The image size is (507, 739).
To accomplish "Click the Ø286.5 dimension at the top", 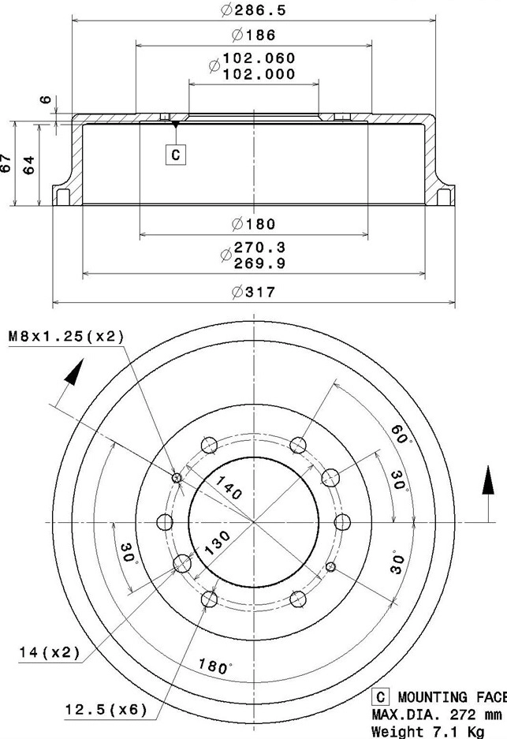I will pos(253,10).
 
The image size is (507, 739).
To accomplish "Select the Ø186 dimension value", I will pos(253,35).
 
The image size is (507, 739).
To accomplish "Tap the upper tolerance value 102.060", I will pos(259,58).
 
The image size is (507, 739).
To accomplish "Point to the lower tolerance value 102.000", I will pos(259,74).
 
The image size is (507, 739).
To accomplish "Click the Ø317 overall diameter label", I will pos(253,292).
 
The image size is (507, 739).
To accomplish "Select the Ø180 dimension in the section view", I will pos(253,225).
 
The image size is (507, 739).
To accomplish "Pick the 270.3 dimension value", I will pos(259,248).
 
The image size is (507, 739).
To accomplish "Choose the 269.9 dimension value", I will pos(259,263).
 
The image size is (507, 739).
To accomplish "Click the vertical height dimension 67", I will pos(7,164).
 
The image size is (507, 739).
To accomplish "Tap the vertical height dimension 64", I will pos(29,164).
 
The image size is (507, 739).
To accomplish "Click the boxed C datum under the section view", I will pos(175,154).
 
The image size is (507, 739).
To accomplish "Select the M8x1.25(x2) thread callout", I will pos(67,337).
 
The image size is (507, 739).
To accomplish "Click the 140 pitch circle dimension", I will pos(226,491).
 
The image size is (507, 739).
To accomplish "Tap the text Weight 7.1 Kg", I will pos(438,732).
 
